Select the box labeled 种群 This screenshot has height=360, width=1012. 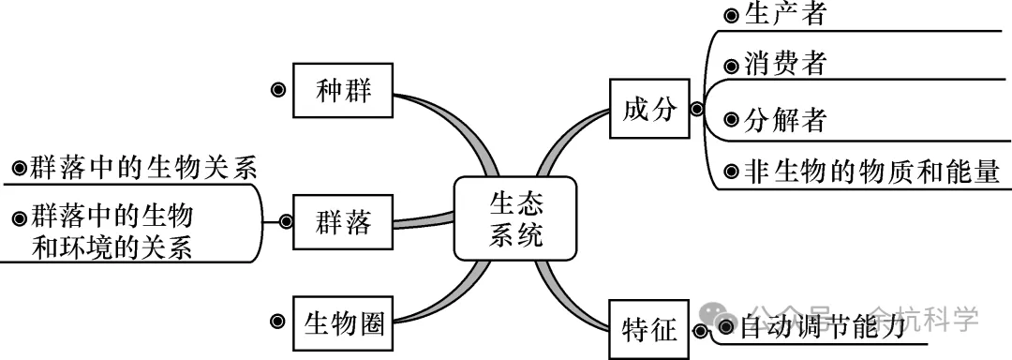(344, 90)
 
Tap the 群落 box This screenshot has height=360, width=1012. (344, 222)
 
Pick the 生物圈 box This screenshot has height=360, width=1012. (344, 323)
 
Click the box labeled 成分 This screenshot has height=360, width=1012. (648, 109)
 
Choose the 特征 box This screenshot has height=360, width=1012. (648, 329)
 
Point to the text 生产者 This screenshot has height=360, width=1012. (785, 14)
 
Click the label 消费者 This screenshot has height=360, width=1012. (785, 65)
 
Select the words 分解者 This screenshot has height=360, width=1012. (785, 120)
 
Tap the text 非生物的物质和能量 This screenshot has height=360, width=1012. (872, 172)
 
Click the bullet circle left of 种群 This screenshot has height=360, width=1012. (278, 90)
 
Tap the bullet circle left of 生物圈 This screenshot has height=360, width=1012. (277, 322)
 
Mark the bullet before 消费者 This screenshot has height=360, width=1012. (731, 67)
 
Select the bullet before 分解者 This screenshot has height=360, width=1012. (731, 121)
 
